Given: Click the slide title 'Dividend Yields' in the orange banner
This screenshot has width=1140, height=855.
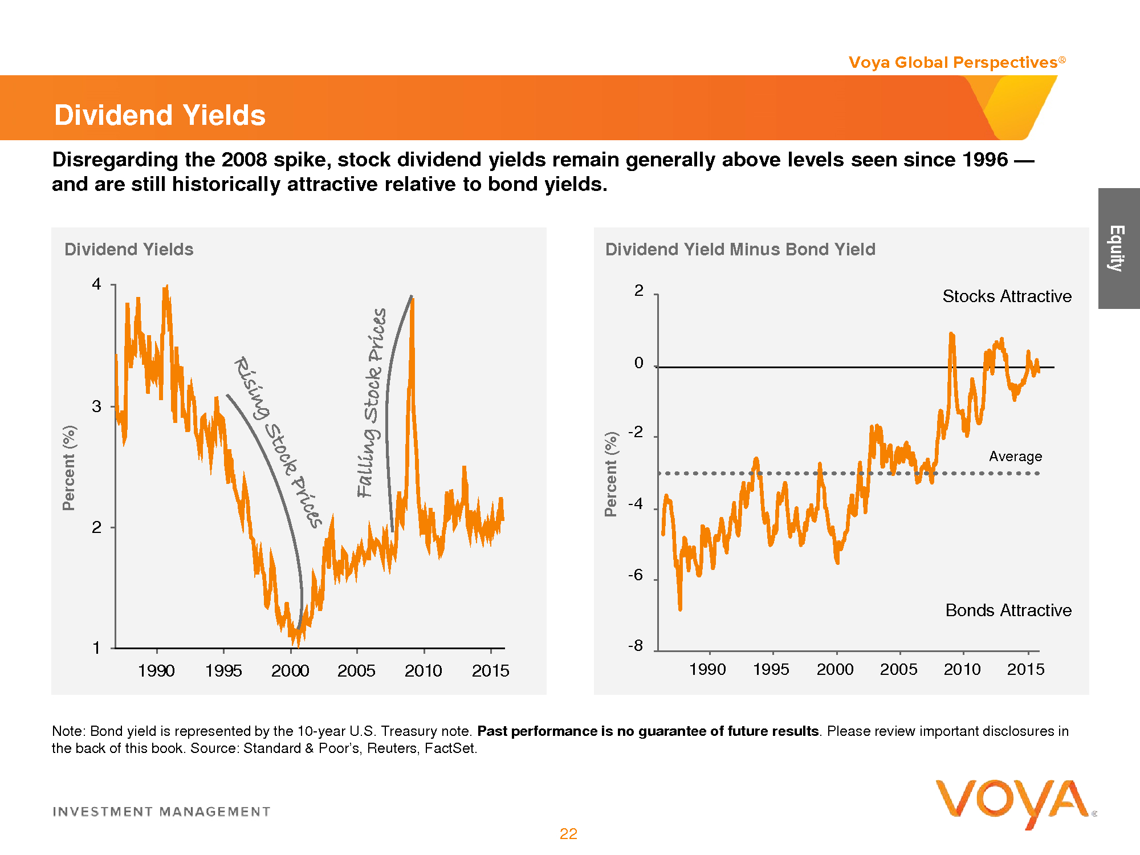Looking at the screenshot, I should pyautogui.click(x=160, y=115).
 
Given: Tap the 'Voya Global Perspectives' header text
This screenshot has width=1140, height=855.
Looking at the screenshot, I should pyautogui.click(x=953, y=62).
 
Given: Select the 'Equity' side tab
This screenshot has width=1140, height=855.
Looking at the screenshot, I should pyautogui.click(x=1118, y=249).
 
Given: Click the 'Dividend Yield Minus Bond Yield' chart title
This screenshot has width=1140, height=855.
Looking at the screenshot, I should pyautogui.click(x=740, y=249).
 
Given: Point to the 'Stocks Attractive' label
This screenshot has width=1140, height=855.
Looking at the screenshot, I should pyautogui.click(x=1007, y=296).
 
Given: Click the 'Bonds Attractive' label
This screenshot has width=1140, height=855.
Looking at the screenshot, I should pyautogui.click(x=1008, y=610).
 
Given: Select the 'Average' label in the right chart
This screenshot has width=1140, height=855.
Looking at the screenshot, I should pyautogui.click(x=1015, y=457).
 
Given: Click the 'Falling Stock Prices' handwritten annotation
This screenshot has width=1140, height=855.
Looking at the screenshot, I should pyautogui.click(x=372, y=402).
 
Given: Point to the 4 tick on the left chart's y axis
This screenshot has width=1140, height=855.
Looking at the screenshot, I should pyautogui.click(x=97, y=284).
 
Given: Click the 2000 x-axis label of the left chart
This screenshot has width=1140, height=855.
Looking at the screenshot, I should pyautogui.click(x=290, y=671).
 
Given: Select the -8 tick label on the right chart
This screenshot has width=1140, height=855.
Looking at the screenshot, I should pyautogui.click(x=636, y=646).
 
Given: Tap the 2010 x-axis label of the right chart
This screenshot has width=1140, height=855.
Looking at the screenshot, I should pyautogui.click(x=962, y=669).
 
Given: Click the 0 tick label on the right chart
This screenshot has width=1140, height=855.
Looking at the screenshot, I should pyautogui.click(x=639, y=363).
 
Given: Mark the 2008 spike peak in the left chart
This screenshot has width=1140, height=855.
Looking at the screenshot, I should pyautogui.click(x=412, y=299).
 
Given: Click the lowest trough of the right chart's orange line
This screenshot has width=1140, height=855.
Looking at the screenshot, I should pyautogui.click(x=680, y=609).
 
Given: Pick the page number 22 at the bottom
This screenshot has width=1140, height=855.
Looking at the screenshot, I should pyautogui.click(x=568, y=834).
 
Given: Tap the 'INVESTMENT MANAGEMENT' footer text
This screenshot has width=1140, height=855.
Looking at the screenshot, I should pyautogui.click(x=161, y=812).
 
